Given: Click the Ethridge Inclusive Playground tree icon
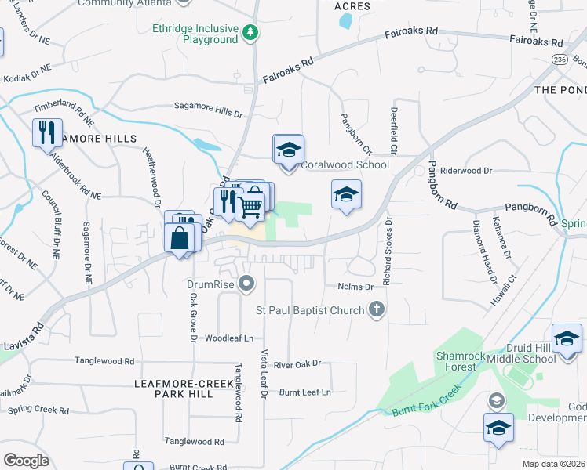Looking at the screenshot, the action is pos(250,33).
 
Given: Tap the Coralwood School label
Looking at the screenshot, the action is pos(345,165).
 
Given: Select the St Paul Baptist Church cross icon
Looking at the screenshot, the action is pos(377,310).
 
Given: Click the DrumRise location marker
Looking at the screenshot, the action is pos(247,284).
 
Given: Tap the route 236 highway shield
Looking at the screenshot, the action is pos(559,60).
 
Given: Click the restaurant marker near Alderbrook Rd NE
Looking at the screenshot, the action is pos(47,132).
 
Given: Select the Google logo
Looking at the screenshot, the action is pos(26,460).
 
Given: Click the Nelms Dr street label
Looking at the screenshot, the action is pos(355,287).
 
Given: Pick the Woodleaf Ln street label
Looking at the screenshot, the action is pos(229,338).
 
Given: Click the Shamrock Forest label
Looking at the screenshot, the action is pos(456,360).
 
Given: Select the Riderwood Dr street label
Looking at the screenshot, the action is pos(465,170).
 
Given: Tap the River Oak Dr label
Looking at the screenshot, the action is pos(297,363).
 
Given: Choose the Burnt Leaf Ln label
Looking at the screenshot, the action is pos(305,392).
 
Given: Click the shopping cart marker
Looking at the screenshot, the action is pos(250,207).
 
